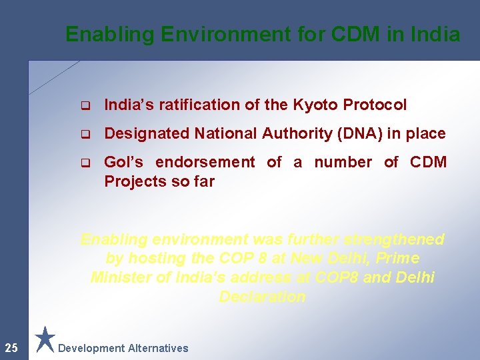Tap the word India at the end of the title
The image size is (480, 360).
click(436, 34)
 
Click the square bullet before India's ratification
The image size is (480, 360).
click(85, 105)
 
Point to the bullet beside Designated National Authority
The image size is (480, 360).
click(85, 134)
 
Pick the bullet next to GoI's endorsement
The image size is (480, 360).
click(85, 163)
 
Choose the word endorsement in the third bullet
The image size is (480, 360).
click(205, 162)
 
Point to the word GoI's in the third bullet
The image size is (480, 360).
click(125, 162)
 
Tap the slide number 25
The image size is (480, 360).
click(11, 347)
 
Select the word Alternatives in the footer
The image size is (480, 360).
click(158, 348)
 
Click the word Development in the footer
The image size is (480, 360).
click(91, 348)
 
